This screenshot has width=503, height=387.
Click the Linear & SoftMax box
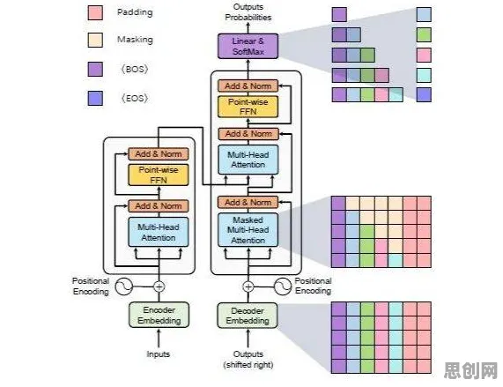click(248, 46)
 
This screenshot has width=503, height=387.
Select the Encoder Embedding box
click(159, 315)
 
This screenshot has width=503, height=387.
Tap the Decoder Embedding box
click(248, 316)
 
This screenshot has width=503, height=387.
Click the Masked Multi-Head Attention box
click(248, 230)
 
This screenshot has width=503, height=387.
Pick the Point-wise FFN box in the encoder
click(159, 175)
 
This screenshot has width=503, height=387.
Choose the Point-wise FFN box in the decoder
click(248, 107)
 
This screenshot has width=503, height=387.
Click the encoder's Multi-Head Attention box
click(159, 232)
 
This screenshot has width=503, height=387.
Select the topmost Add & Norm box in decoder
click(248, 86)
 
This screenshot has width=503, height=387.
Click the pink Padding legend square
click(95, 12)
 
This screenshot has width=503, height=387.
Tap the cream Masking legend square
click(95, 40)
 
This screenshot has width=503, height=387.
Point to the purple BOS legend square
click(95, 69)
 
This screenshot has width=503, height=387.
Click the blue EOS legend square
click(95, 98)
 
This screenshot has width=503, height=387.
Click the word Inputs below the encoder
click(159, 354)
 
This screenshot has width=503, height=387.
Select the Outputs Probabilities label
click(248, 11)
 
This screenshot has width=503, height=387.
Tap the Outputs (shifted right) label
click(248, 360)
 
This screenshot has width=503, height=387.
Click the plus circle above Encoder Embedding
click(159, 287)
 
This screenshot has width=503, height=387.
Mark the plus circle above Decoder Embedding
click(248, 287)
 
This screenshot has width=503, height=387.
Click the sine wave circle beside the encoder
click(124, 287)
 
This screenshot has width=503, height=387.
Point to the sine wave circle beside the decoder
click(283, 286)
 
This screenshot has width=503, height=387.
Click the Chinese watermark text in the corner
click(471, 370)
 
